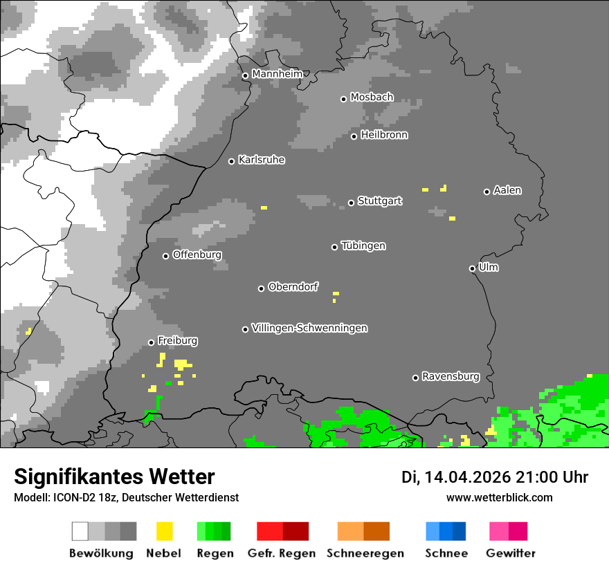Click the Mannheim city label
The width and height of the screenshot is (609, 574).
tap(277, 74)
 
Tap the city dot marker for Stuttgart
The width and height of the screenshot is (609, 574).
tap(352, 203)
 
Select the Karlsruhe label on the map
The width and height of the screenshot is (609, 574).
tap(261, 160)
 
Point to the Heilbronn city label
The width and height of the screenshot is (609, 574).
tap(384, 135)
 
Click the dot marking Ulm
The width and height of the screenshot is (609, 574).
tap(473, 268)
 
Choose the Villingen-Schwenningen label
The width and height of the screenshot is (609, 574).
tap(309, 328)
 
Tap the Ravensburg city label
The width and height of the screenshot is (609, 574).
tap(451, 376)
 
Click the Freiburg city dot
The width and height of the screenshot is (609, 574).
tap(151, 342)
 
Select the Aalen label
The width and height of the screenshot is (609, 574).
tap(507, 190)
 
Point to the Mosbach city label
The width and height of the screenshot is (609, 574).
tap(372, 98)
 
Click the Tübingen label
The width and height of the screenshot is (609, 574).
tap(363, 246)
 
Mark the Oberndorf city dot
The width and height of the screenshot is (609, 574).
tap(262, 288)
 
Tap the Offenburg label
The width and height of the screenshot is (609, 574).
tap(197, 254)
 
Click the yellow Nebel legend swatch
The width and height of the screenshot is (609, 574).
tap(164, 531)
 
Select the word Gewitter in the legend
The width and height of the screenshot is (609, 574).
tap(510, 553)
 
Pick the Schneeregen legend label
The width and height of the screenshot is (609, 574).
tap(365, 553)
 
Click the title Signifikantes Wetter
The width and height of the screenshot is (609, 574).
tap(114, 476)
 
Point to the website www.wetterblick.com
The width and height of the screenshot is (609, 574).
tap(499, 497)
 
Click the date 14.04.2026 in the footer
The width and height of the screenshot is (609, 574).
tap(468, 477)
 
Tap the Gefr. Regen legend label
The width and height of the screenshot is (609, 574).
tap(282, 553)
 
